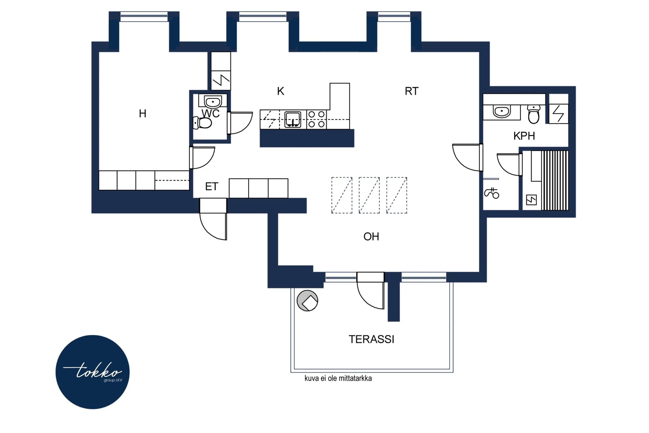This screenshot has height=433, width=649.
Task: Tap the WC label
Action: (211, 114)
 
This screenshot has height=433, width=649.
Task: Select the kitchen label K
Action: (280, 91)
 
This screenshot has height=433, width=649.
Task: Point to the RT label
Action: (411, 91)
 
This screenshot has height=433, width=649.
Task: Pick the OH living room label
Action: (371, 237)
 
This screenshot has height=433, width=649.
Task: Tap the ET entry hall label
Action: (212, 187)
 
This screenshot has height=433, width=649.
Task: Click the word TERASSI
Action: (371, 339)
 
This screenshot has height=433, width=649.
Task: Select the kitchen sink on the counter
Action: (293, 119)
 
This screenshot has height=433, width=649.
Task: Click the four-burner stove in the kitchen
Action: (316, 119)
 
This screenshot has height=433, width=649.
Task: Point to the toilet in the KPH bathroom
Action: (534, 114)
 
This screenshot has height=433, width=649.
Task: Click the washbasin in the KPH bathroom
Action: (501, 112)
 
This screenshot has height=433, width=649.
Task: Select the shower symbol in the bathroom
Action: (492, 193)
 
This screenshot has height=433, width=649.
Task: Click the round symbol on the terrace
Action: (307, 301)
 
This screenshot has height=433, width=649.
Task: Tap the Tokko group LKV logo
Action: (93, 372)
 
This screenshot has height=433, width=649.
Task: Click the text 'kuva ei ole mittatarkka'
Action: (338, 378)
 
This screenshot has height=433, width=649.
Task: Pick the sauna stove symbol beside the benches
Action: (531, 200)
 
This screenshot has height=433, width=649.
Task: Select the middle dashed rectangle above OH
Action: (369, 195)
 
